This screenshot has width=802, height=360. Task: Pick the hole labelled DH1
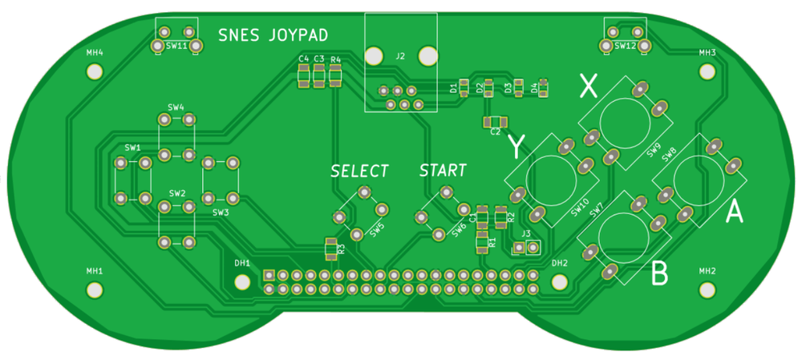[x=242, y=281]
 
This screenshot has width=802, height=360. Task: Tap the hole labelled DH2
[x=560, y=281]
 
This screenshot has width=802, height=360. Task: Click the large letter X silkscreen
[x=589, y=85]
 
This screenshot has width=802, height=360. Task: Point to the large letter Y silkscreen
[x=517, y=147]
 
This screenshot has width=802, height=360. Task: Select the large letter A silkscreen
[x=734, y=212]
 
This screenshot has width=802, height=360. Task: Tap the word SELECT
[x=359, y=172]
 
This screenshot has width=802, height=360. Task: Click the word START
[x=442, y=171]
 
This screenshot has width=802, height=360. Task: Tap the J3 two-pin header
[x=525, y=249]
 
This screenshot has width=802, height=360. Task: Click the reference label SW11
[x=176, y=47]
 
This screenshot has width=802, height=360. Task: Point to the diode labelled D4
[x=543, y=85]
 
